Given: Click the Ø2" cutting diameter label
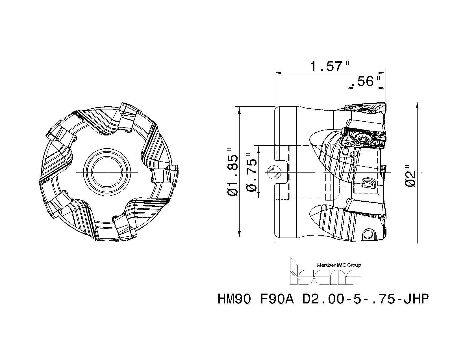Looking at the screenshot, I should coord(410,175).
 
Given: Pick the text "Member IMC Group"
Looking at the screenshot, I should coord(339,265).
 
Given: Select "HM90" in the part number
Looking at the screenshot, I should coord(234,299).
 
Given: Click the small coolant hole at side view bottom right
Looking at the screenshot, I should coord(368,234).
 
